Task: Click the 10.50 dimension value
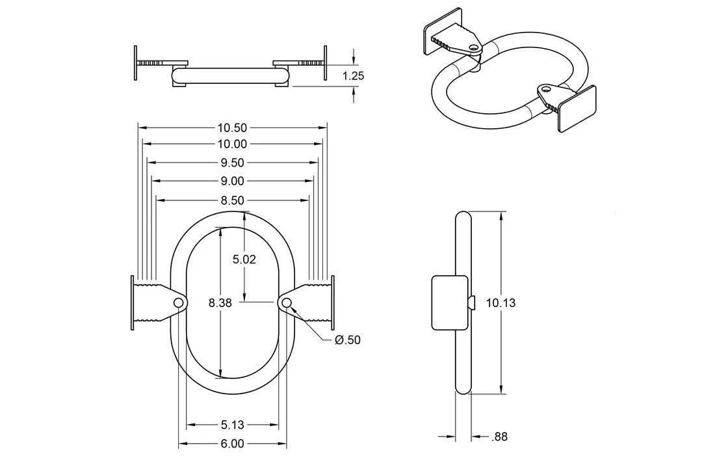coord(232,127)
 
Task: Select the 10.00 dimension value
coord(232,144)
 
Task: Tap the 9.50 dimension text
coord(232,163)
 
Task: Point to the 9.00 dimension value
coord(232,181)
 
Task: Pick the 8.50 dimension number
coord(232,200)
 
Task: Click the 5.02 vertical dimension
coord(244,260)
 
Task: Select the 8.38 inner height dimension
coord(220,302)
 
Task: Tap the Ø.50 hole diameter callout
coord(347,340)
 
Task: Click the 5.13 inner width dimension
coord(232,425)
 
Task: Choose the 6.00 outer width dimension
coord(232,444)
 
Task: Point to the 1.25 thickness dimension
coord(353,75)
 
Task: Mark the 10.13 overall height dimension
coord(500,302)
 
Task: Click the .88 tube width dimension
coord(499,437)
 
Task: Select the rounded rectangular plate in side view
coord(450,302)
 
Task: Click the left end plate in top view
coord(136,63)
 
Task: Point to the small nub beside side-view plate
coord(472,302)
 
